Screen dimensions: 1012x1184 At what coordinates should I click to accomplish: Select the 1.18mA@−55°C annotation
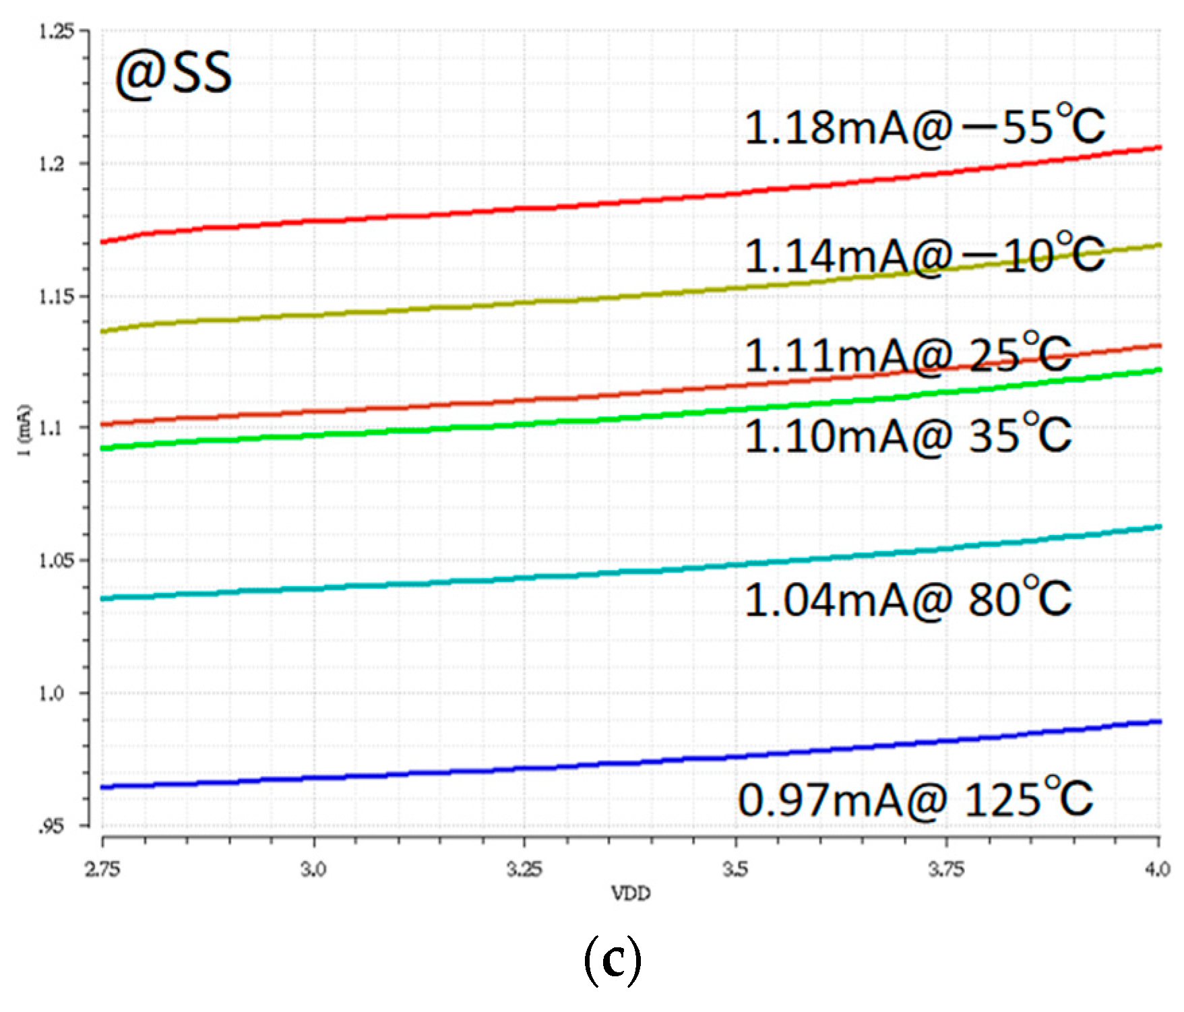click(x=924, y=126)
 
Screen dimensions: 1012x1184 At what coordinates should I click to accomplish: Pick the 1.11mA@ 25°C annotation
click(x=907, y=355)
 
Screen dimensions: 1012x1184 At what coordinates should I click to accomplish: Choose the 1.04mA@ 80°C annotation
click(x=907, y=599)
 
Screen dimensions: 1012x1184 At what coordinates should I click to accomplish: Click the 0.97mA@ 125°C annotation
click(x=914, y=800)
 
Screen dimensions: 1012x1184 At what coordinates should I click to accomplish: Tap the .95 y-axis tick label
click(x=51, y=827)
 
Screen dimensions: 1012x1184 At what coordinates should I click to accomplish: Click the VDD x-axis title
click(x=631, y=893)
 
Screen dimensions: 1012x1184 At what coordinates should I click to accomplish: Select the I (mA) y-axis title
click(x=25, y=429)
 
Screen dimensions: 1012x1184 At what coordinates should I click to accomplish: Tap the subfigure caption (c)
click(x=611, y=961)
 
